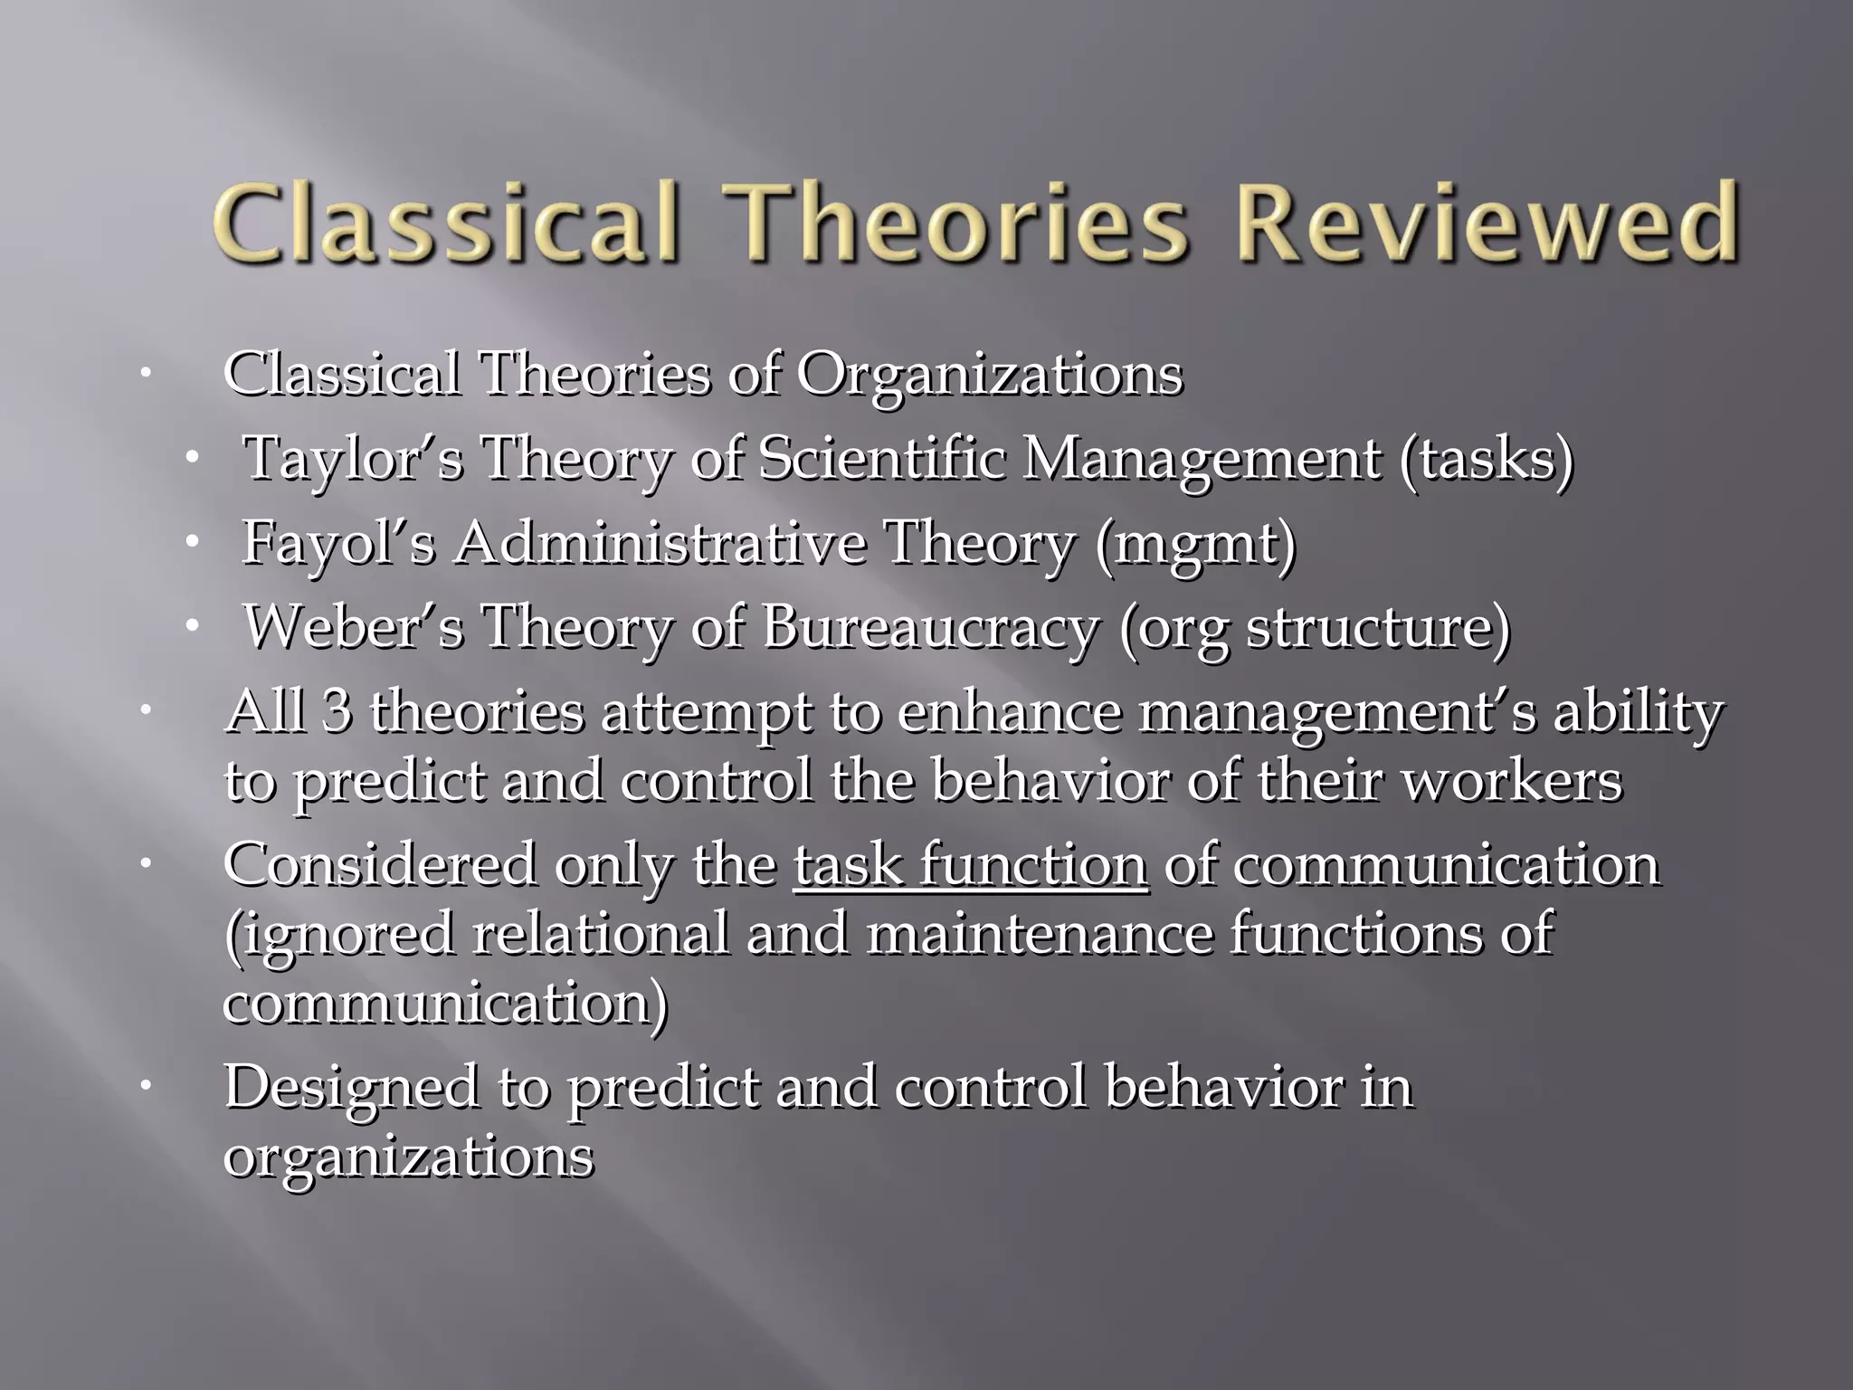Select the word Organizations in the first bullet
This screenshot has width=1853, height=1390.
click(989, 375)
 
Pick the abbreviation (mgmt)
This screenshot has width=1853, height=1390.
click(1194, 543)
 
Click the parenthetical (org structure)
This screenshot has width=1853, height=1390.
click(1314, 626)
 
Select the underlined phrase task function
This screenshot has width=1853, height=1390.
click(971, 865)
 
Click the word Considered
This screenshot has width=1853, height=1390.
click(380, 865)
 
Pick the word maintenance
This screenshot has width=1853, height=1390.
click(1038, 934)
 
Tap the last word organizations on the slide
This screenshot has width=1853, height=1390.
click(408, 1157)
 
